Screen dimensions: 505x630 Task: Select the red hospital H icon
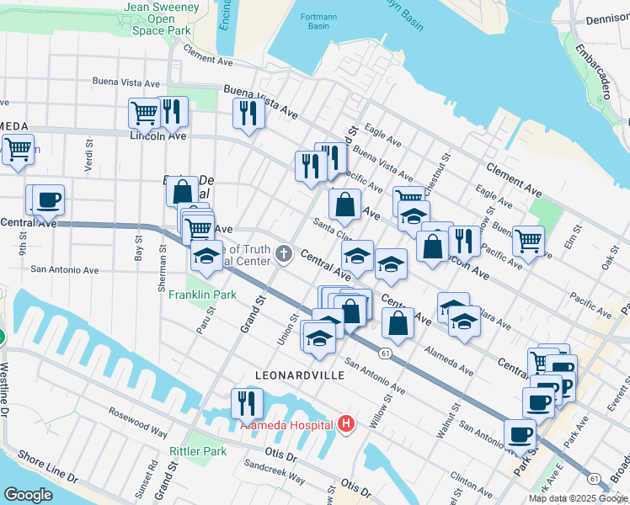pyautogui.click(x=344, y=425)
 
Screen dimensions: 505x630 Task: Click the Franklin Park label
pyautogui.click(x=202, y=295)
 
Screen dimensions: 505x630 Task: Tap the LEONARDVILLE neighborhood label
pyautogui.click(x=300, y=375)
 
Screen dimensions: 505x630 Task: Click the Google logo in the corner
pyautogui.click(x=28, y=494)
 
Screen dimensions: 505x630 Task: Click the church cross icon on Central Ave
pyautogui.click(x=285, y=252)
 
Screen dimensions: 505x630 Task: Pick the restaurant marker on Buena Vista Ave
pyautogui.click(x=248, y=113)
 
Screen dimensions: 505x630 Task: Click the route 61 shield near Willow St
pyautogui.click(x=383, y=353)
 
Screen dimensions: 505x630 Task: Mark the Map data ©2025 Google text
pyautogui.click(x=577, y=498)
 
